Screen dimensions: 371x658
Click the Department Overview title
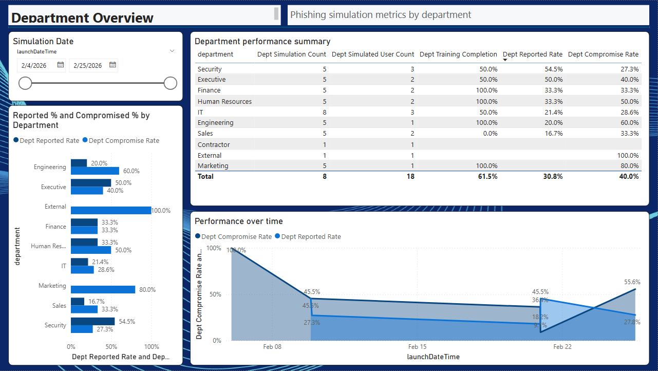(82, 18)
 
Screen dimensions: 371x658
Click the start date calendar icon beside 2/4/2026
(61, 65)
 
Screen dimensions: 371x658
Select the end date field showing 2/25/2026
(88, 65)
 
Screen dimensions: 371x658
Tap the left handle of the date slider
(25, 83)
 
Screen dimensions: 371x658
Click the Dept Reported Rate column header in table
(533, 54)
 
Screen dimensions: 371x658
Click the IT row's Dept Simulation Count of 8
(324, 112)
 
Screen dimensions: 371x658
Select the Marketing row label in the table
(213, 165)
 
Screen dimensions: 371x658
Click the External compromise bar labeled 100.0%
(111, 210)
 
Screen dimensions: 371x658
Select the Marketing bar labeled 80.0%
(103, 290)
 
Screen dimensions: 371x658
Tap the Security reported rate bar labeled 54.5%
(92, 321)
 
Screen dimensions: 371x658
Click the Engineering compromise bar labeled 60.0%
(95, 171)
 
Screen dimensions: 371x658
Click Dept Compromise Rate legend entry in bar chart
(124, 141)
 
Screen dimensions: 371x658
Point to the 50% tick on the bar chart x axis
(111, 347)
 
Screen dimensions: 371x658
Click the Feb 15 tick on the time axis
(417, 347)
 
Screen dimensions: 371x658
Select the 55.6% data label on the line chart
(632, 282)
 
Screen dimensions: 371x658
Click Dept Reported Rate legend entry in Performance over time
(311, 237)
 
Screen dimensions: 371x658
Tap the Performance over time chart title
(238, 221)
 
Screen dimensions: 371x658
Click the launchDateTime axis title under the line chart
(433, 357)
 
